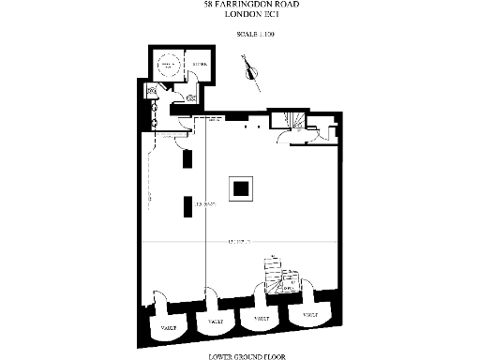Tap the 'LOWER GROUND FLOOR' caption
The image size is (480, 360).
[241, 355]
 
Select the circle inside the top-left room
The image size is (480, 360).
[170, 66]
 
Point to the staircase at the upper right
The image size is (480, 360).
[286, 121]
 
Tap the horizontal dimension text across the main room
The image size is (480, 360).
[240, 242]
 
